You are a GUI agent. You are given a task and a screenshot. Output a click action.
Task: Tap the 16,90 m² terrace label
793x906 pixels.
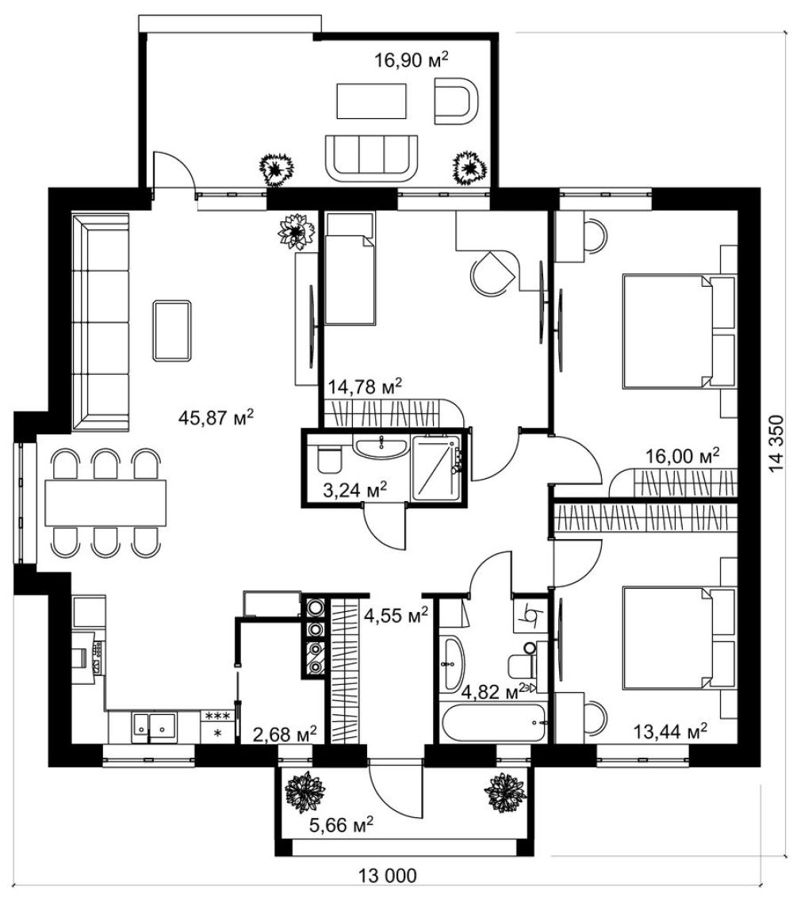[412, 59]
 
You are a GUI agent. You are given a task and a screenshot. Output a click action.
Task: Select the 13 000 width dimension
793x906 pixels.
[387, 875]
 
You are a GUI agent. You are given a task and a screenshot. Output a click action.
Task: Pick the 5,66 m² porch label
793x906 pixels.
[341, 825]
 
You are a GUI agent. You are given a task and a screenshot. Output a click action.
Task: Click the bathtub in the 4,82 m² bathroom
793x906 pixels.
[492, 721]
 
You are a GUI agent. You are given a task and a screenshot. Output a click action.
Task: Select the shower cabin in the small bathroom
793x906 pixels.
[436, 468]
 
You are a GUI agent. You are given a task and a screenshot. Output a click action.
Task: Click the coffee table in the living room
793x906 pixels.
[172, 331]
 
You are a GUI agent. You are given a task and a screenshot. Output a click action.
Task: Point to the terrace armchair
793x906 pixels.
[456, 101]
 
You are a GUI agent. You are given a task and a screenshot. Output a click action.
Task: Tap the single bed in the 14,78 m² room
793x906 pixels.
[350, 268]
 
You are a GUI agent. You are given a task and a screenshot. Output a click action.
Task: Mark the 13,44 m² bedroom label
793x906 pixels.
[670, 732]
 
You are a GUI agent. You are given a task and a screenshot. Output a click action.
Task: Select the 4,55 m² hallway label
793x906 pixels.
[396, 615]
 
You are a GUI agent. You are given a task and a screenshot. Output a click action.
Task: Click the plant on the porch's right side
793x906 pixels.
[505, 793]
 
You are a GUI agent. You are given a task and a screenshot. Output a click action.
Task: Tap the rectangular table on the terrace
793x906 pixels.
[371, 101]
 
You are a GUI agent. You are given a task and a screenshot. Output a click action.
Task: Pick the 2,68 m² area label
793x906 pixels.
[285, 734]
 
